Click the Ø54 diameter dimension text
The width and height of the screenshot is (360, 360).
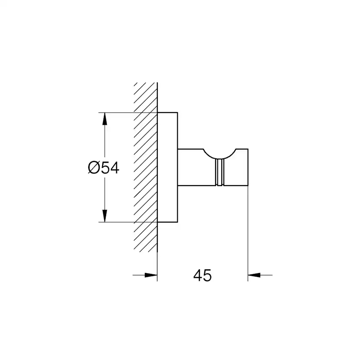[x=103, y=167]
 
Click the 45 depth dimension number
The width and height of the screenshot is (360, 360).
[x=202, y=275]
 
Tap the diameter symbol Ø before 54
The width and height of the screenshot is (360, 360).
[x=93, y=167]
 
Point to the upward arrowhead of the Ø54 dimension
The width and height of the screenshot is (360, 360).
[x=105, y=119]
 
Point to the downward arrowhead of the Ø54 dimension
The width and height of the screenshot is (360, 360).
[x=105, y=216]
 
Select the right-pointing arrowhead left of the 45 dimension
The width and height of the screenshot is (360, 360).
[x=151, y=275]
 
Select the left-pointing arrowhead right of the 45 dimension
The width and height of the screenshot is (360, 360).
[x=254, y=275]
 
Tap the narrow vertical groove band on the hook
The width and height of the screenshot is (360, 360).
[x=220, y=172]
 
